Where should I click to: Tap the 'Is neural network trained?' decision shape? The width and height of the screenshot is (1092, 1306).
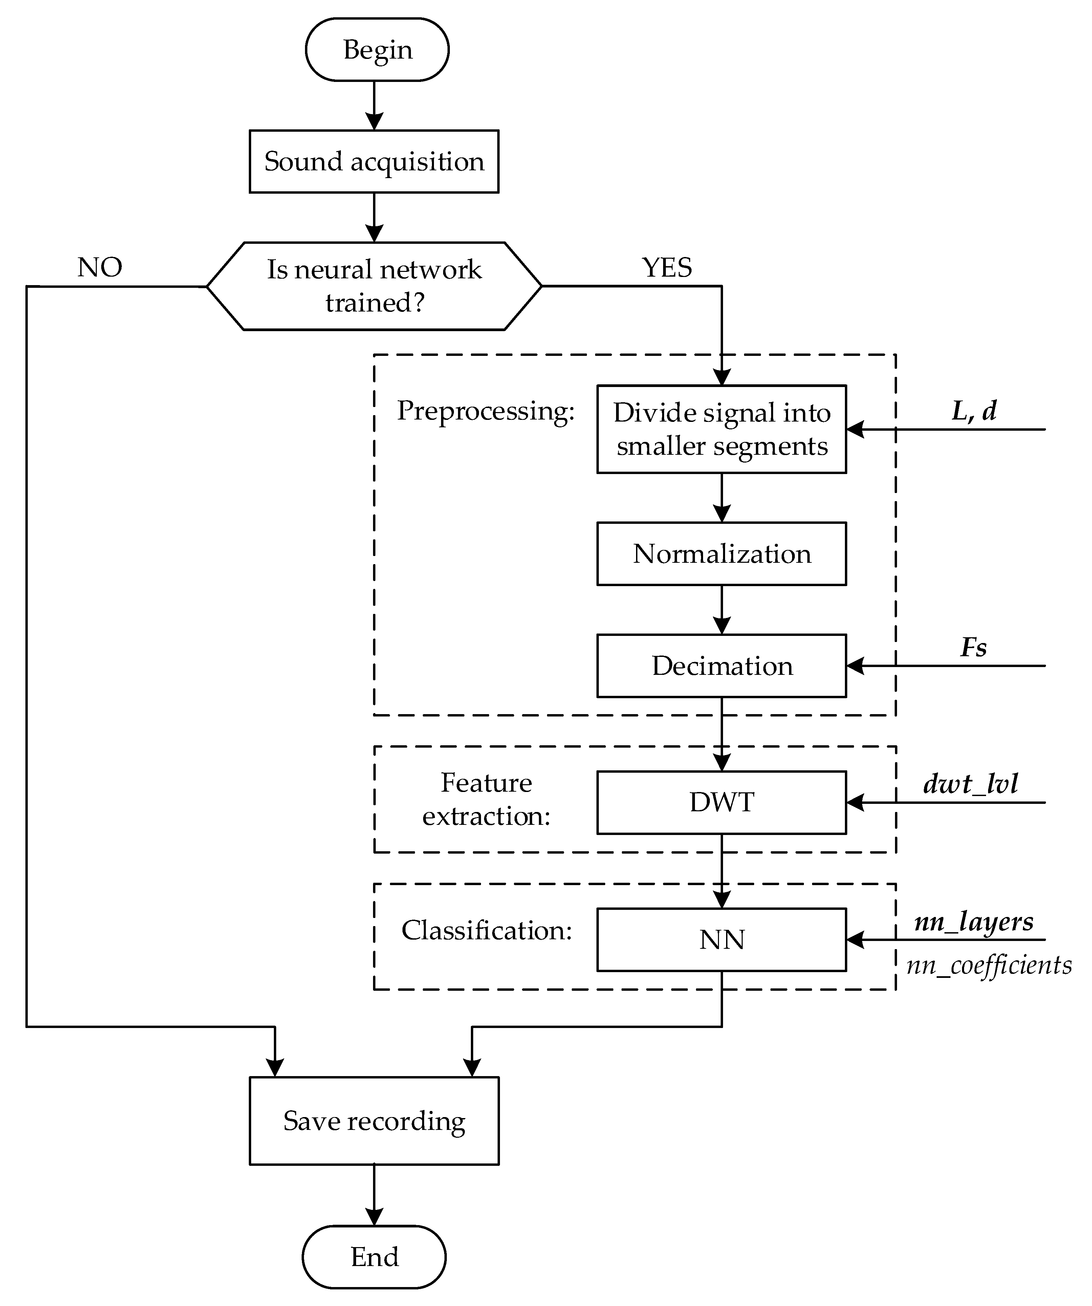point(374,286)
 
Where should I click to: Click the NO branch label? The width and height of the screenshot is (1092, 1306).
point(100,267)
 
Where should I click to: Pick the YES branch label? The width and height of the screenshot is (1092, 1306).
point(667,267)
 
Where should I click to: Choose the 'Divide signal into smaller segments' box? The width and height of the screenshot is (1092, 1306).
point(721,429)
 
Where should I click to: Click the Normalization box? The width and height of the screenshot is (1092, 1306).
point(721,554)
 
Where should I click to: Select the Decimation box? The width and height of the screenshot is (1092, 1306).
point(721,665)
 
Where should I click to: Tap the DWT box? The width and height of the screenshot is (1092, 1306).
point(721,802)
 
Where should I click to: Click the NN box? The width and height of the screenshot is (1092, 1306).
point(721,939)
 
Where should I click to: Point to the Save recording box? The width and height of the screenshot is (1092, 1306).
point(374,1121)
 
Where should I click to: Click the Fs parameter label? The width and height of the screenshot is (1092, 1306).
point(973,647)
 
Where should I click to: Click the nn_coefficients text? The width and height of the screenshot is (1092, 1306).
point(989,965)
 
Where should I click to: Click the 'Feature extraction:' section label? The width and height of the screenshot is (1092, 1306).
point(486,799)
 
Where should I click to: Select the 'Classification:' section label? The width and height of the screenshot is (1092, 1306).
point(486,930)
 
